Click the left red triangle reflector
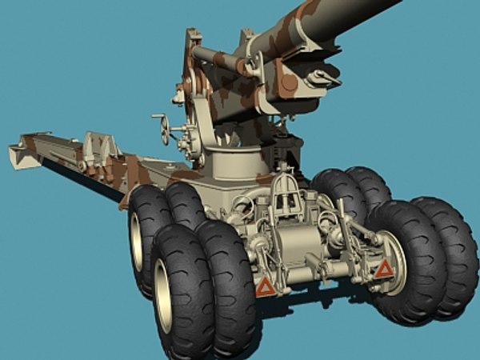pos(265,286)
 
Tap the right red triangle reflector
pos(384,269)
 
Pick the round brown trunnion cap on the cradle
pos(288,82)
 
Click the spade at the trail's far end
pos(24,154)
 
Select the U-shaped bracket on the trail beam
pos(96,148)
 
